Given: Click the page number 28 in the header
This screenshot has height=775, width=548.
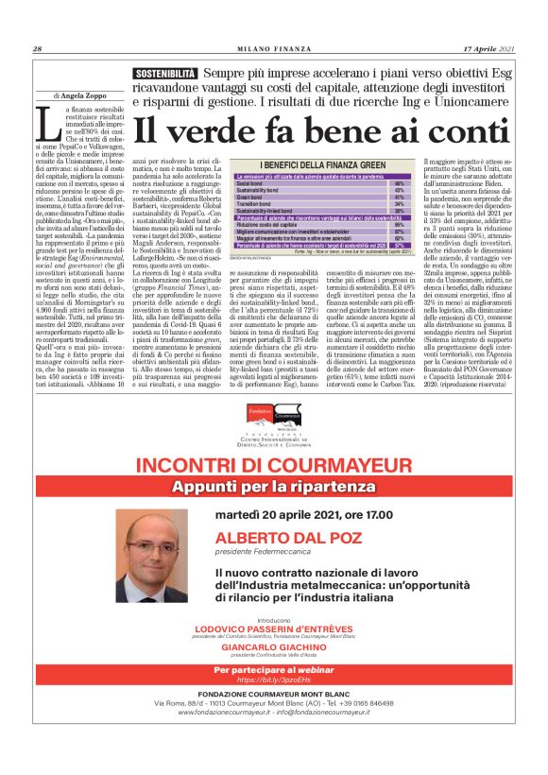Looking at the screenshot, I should [37, 49].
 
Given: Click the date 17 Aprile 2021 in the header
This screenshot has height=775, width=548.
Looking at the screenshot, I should [488, 49].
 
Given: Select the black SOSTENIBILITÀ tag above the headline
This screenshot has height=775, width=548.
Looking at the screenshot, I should [165, 74].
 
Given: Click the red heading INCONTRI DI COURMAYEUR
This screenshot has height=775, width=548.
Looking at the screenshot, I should [273, 440].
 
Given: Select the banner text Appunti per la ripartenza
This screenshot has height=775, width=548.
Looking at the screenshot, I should [273, 460].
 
